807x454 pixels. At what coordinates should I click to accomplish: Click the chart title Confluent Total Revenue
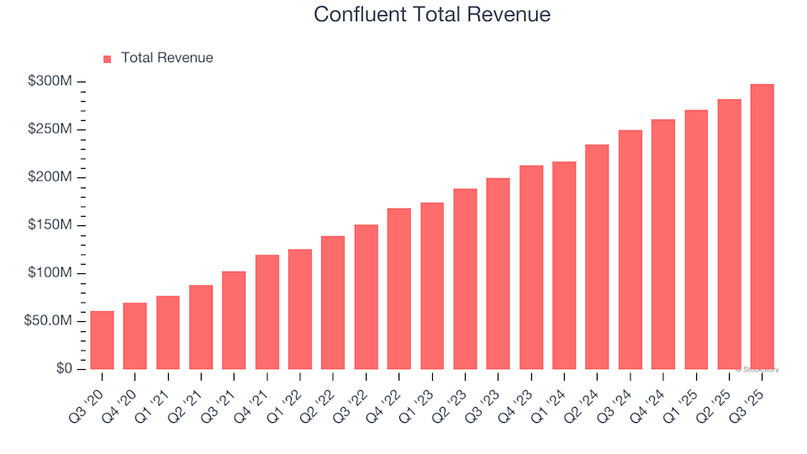pyautogui.click(x=432, y=14)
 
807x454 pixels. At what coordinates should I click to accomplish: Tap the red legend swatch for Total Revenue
pyautogui.click(x=107, y=59)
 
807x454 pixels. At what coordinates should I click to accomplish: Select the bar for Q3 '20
pyautogui.click(x=102, y=340)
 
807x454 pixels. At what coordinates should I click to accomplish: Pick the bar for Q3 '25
pyautogui.click(x=762, y=226)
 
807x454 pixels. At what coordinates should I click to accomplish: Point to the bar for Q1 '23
pyautogui.click(x=432, y=286)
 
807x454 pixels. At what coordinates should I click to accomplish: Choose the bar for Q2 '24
pyautogui.click(x=597, y=256)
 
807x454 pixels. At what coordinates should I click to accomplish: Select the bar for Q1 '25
pyautogui.click(x=696, y=240)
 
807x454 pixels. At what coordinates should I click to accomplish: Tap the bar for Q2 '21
pyautogui.click(x=201, y=327)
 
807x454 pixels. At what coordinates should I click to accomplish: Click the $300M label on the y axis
pyautogui.click(x=51, y=82)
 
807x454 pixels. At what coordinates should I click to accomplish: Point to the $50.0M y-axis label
pyautogui.click(x=49, y=321)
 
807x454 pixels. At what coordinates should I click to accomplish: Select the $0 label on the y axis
pyautogui.click(x=64, y=369)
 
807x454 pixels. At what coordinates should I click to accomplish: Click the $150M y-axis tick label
pyautogui.click(x=51, y=225)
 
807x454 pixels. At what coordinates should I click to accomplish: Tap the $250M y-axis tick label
pyautogui.click(x=51, y=129)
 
